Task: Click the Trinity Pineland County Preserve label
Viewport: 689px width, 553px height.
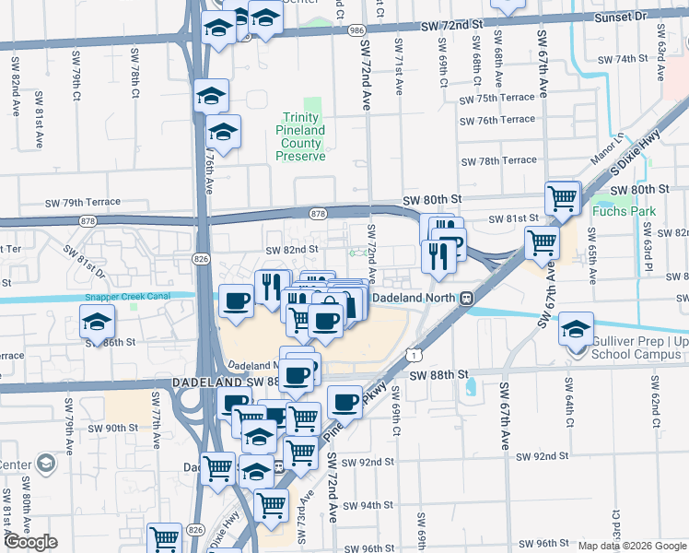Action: coord(301,136)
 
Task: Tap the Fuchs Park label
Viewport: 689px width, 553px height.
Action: coord(625,211)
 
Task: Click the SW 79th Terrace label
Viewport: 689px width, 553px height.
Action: coord(83,202)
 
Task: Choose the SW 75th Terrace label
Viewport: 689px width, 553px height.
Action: coord(497,99)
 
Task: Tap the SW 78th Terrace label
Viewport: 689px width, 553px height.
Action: coord(498,160)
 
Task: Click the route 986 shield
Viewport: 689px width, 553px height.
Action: coord(356,30)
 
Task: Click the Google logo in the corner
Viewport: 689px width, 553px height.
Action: coord(30,542)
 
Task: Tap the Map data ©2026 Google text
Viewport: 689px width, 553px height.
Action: coord(632,546)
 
